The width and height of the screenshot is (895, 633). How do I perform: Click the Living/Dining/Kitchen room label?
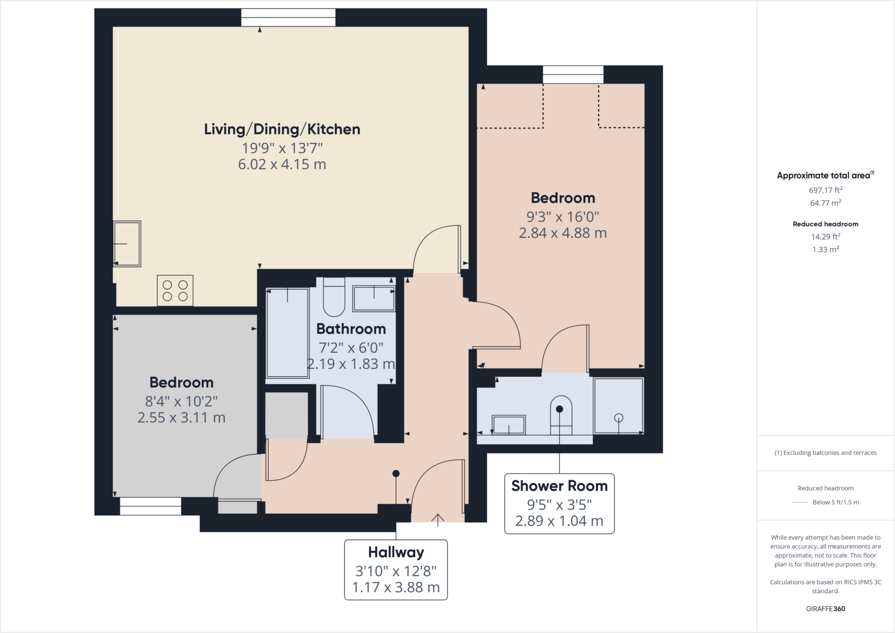click(282, 129)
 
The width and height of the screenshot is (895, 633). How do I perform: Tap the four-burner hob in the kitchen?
click(175, 291)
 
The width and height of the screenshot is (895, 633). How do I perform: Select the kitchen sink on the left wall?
click(127, 244)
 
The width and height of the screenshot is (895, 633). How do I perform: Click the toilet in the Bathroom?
click(334, 297)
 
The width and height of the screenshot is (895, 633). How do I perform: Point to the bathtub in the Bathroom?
click(288, 332)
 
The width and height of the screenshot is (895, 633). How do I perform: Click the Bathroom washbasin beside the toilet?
click(374, 298)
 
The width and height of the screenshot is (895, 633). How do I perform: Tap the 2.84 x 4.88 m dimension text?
click(562, 233)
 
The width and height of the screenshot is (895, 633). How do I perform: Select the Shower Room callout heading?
click(559, 486)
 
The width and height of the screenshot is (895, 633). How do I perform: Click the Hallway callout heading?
click(396, 552)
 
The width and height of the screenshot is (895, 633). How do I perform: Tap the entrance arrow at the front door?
click(437, 519)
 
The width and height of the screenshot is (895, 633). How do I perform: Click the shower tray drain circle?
click(618, 418)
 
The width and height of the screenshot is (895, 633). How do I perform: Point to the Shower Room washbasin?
click(509, 425)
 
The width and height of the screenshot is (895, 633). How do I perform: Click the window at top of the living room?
click(288, 18)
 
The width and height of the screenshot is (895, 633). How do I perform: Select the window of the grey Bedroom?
click(150, 506)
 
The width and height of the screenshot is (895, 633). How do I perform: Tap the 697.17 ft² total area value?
click(825, 190)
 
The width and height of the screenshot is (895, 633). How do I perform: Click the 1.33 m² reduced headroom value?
click(825, 249)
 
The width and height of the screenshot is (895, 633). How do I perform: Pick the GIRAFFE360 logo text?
click(825, 609)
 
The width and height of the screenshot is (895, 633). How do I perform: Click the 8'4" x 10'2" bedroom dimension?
click(181, 401)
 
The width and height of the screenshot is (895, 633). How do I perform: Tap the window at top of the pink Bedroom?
click(573, 75)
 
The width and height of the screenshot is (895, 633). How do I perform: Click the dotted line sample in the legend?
click(800, 502)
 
